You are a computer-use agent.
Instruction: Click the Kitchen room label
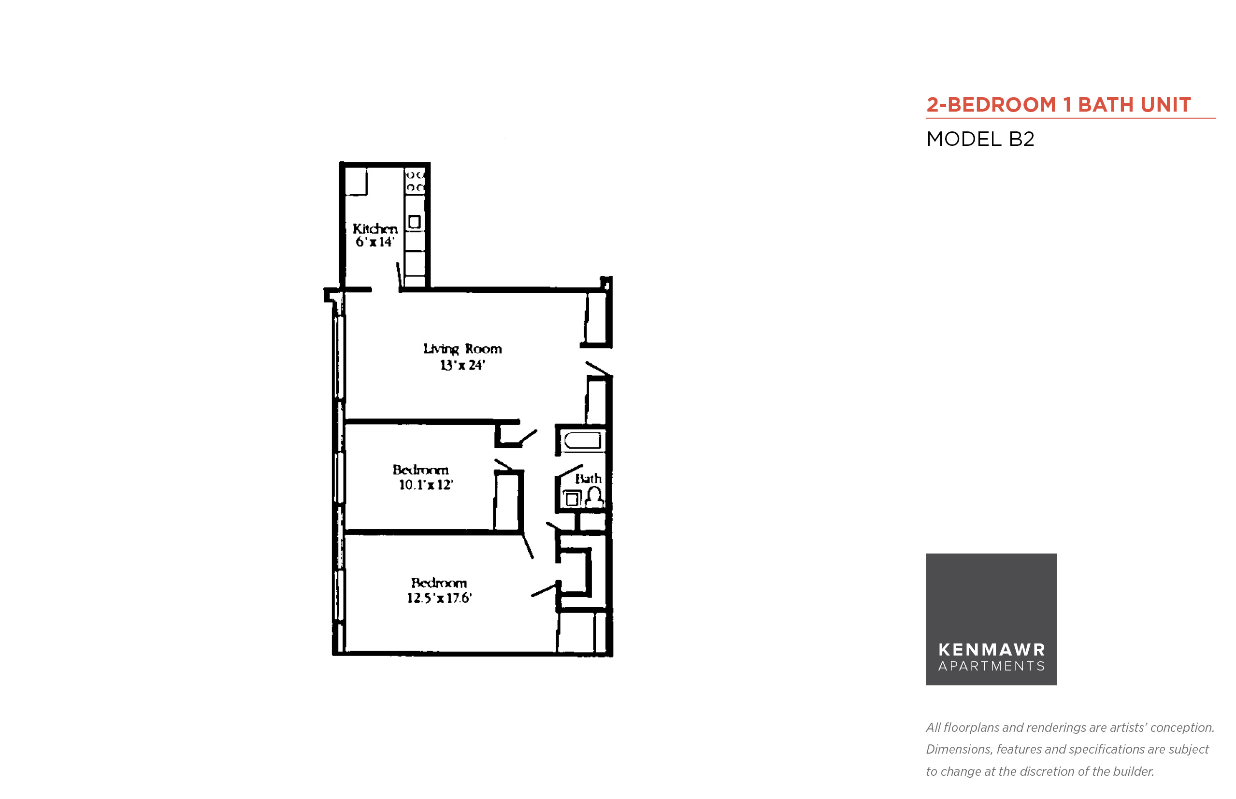pyautogui.click(x=374, y=228)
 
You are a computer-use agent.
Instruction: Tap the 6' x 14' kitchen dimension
pyautogui.click(x=374, y=242)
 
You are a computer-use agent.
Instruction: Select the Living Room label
pyautogui.click(x=462, y=349)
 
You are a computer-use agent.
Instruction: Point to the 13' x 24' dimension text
pyautogui.click(x=462, y=365)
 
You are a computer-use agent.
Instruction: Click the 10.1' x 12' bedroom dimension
pyautogui.click(x=426, y=485)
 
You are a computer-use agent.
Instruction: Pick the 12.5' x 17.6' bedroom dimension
pyautogui.click(x=439, y=598)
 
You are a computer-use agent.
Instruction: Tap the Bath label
pyautogui.click(x=588, y=478)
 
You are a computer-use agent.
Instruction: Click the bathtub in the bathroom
pyautogui.click(x=582, y=441)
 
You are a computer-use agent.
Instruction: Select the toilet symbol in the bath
pyautogui.click(x=594, y=498)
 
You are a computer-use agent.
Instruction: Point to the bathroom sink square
pyautogui.click(x=572, y=499)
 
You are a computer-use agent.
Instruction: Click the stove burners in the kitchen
pyautogui.click(x=415, y=181)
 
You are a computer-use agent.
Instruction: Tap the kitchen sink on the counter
pyautogui.click(x=414, y=222)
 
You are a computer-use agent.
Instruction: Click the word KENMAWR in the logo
pyautogui.click(x=992, y=650)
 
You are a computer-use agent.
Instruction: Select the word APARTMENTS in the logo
pyautogui.click(x=992, y=666)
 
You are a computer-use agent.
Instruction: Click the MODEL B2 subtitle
pyautogui.click(x=980, y=139)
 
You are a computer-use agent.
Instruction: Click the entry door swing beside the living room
pyautogui.click(x=599, y=369)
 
